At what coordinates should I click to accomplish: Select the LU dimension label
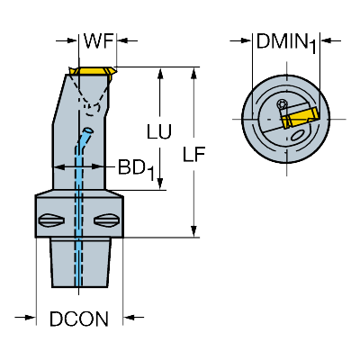coord(159,131)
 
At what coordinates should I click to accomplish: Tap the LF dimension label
coord(194,154)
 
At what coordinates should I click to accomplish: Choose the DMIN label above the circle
coord(281,41)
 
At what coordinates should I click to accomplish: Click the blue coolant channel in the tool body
coord(79,207)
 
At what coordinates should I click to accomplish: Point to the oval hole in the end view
coord(298,135)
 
